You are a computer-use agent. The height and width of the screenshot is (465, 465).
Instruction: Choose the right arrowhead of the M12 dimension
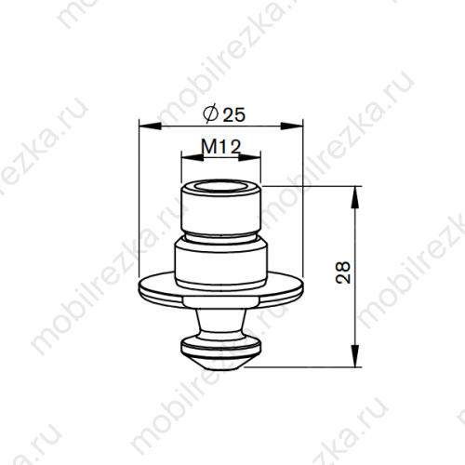[259, 157]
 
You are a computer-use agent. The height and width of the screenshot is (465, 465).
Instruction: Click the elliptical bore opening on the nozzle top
[220, 189]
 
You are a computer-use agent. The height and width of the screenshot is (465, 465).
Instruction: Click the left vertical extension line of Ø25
[137, 205]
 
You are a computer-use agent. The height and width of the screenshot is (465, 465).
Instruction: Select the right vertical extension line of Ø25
[305, 205]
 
